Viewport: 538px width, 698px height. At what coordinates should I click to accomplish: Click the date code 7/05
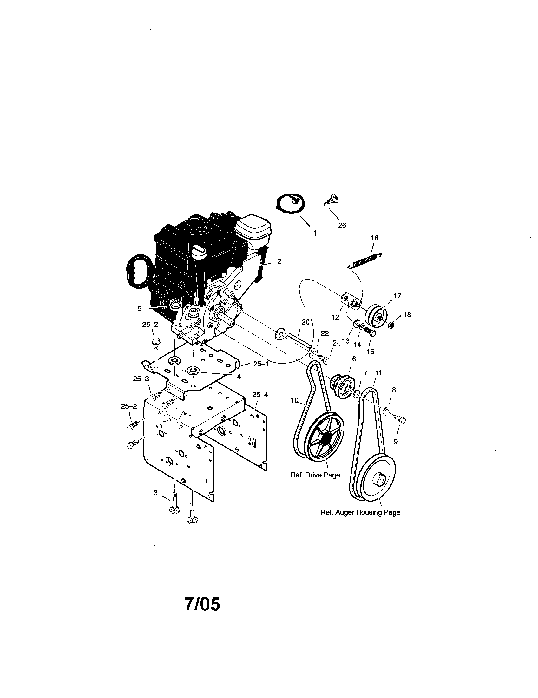click(202, 604)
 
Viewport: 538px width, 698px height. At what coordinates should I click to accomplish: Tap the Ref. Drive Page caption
click(315, 484)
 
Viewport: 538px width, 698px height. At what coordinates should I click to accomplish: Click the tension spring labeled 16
click(364, 260)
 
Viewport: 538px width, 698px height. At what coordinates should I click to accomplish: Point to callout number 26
click(342, 225)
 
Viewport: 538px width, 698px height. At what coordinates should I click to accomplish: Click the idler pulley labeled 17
click(377, 316)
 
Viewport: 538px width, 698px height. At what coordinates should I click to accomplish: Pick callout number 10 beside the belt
click(295, 399)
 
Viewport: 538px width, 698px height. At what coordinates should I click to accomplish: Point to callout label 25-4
click(260, 395)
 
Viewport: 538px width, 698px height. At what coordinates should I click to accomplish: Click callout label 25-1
click(261, 364)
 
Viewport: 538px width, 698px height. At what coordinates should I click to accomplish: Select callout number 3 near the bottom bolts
click(155, 493)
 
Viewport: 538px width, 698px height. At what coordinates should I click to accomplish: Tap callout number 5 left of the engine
click(140, 309)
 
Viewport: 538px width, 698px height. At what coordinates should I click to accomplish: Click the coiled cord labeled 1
click(290, 203)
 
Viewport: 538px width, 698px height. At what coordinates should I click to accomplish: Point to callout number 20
click(305, 322)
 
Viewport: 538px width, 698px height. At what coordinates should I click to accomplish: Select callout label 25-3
click(141, 379)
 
